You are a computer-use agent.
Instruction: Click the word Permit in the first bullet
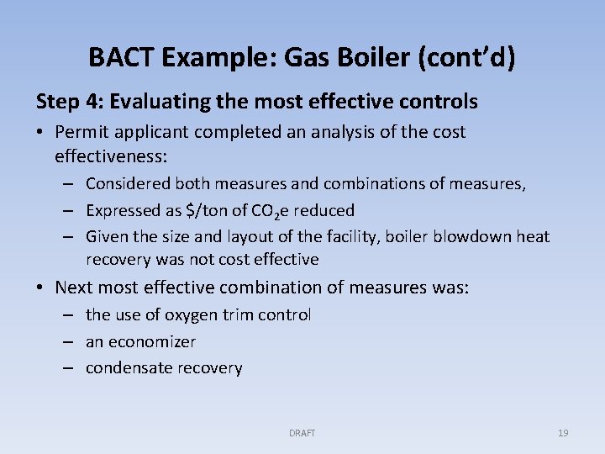point(81,132)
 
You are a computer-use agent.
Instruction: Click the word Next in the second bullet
point(76,288)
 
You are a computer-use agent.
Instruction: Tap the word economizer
point(152,342)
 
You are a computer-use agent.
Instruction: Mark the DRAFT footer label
point(302,433)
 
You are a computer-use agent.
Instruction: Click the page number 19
point(563,433)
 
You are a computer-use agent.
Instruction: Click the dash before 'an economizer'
point(71,342)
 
